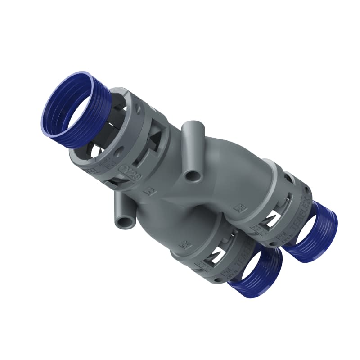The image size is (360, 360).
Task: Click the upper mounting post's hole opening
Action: [193, 175]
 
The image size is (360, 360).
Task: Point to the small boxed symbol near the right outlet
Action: [241, 208]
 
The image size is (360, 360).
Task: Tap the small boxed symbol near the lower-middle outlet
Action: [184, 245]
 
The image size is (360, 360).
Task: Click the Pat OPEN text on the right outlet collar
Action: [283, 236]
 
